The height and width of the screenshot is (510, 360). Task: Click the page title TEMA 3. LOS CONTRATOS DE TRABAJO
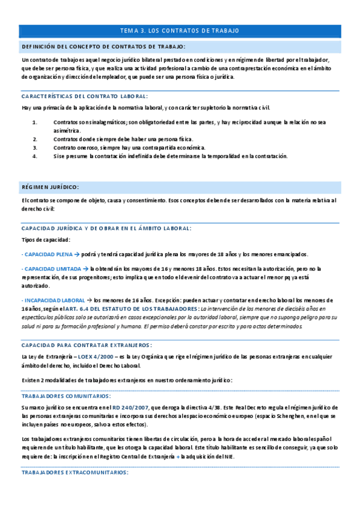[180, 30]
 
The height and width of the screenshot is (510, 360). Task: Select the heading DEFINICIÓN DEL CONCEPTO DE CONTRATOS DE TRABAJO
[103, 46]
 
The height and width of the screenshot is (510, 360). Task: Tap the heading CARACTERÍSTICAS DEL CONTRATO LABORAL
[84, 96]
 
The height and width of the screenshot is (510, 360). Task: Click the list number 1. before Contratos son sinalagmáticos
[35, 122]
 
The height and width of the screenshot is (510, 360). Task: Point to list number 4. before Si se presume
[35, 156]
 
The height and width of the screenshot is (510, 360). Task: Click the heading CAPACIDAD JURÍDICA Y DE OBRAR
[106, 229]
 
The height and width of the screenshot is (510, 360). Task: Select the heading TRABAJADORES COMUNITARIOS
[66, 396]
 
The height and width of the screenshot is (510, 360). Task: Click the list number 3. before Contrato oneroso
[35, 147]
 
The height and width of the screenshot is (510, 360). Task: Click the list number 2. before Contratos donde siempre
[35, 139]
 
